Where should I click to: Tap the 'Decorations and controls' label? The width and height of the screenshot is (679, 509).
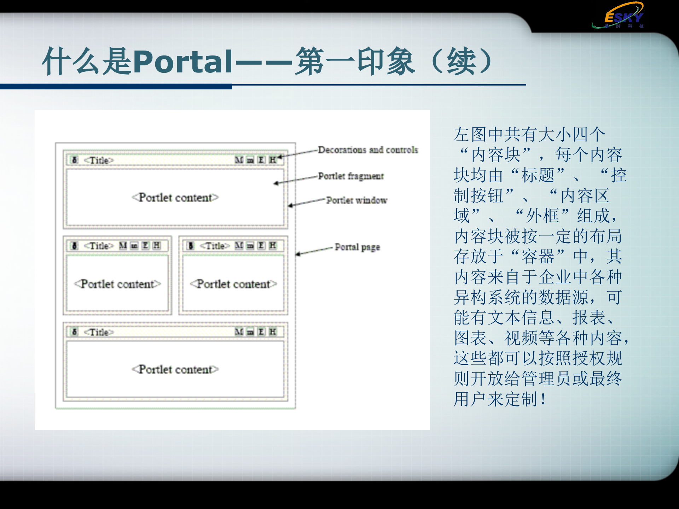click(x=368, y=150)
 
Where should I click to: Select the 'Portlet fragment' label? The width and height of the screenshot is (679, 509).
click(x=350, y=176)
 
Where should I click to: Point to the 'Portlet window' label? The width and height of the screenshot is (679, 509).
click(x=356, y=200)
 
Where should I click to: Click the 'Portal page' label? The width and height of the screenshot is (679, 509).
click(x=357, y=247)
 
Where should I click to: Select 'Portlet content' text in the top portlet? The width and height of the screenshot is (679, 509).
click(x=175, y=198)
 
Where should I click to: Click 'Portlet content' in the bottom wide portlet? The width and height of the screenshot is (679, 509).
click(x=175, y=369)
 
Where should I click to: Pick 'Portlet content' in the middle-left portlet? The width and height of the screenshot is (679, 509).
click(x=117, y=284)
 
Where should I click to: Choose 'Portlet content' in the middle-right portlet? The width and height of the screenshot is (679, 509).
click(x=233, y=284)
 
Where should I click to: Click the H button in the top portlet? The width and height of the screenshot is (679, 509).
click(x=272, y=160)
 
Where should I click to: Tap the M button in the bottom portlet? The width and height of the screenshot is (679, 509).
click(x=239, y=332)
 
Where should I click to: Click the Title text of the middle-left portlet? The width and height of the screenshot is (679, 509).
click(x=99, y=246)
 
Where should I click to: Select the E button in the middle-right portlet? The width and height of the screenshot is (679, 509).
click(x=261, y=245)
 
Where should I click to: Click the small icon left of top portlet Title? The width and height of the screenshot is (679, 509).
click(x=75, y=160)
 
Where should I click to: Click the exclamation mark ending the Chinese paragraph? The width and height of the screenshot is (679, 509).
click(x=543, y=399)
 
